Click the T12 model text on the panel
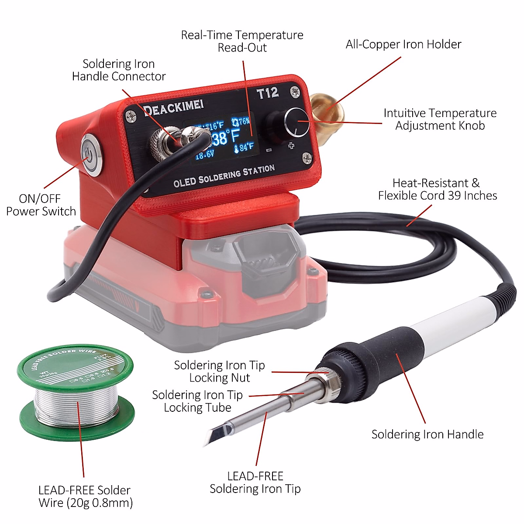click(267, 93)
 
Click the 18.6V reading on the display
click(204, 155)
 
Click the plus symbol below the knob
click(291, 145)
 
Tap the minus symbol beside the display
click(269, 150)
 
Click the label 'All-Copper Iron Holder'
click(403, 44)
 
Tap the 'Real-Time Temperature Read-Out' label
click(242, 41)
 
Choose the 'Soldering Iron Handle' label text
click(427, 434)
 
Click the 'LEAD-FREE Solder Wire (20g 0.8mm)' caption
click(86, 496)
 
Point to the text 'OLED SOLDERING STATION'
click(224, 176)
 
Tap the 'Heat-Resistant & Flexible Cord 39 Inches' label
click(437, 189)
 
